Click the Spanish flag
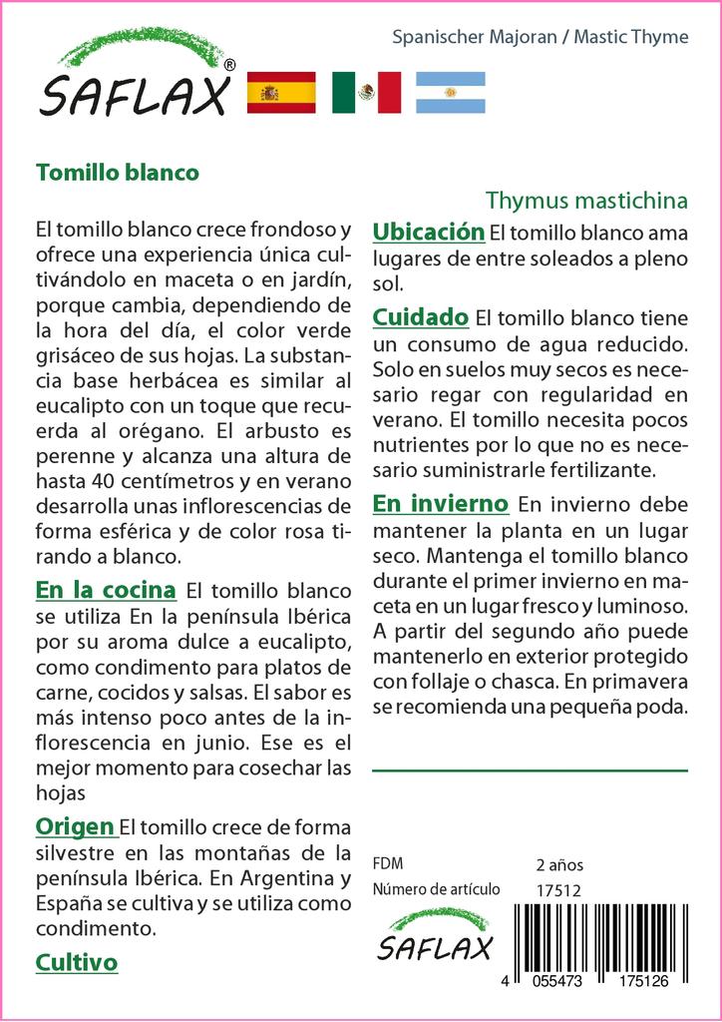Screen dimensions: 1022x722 point(280,93)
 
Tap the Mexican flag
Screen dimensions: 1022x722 point(366,93)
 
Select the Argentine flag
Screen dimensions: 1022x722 point(450,93)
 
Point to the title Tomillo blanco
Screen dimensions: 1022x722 point(118,172)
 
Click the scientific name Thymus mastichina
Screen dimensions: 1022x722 point(586,200)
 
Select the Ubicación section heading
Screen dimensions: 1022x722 point(428,233)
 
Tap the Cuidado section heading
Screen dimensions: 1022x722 point(420,317)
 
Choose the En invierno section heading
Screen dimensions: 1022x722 point(440,503)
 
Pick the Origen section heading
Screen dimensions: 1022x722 point(75,826)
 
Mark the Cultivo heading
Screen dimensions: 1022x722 point(77,962)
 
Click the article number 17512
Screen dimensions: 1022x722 point(558,889)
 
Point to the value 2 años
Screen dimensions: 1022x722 point(559,864)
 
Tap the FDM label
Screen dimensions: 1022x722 point(387,864)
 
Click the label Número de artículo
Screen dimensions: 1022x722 point(436,889)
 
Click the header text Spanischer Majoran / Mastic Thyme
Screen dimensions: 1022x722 point(540,37)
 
